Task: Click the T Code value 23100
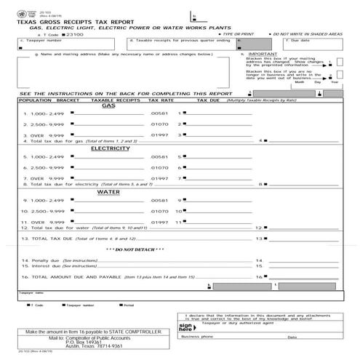(76, 34)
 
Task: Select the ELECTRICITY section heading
(110, 148)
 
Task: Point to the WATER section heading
(108, 192)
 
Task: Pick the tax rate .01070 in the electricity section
(159, 168)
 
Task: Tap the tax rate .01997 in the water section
(159, 221)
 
